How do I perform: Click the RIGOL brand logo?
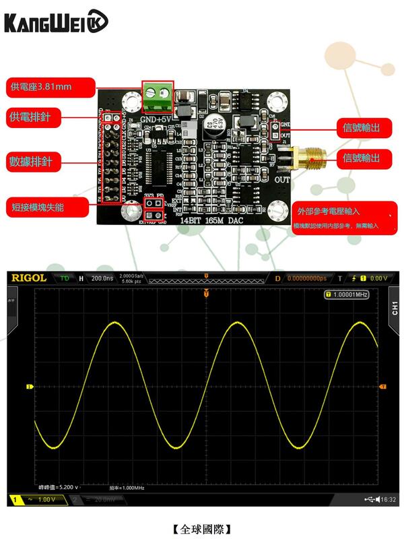pos(28,278)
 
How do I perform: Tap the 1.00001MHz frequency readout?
pos(347,294)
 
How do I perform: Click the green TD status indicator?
pos(65,278)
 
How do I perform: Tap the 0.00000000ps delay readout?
pos(306,278)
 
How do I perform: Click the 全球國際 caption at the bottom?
pos(202,528)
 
